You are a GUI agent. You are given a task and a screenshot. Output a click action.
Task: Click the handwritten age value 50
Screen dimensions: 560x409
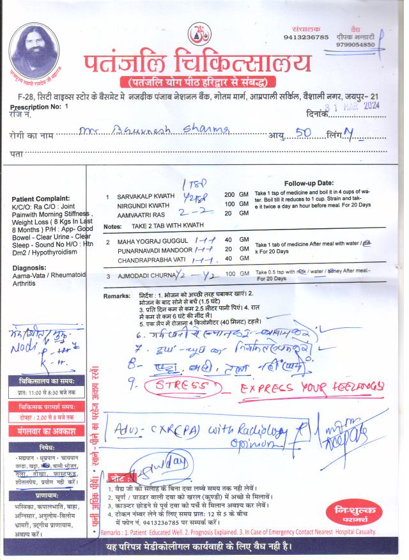point(299,134)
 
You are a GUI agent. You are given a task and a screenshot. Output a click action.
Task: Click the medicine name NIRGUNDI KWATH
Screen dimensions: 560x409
point(143,206)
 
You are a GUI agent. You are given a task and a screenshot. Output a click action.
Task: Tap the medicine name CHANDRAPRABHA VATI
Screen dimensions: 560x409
point(149,259)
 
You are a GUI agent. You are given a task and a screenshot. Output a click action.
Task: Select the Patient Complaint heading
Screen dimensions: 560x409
point(40,199)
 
